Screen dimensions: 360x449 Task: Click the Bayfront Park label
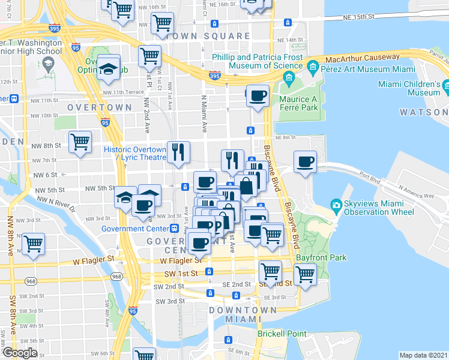[x=330, y=257]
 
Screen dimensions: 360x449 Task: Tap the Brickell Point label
[x=281, y=334]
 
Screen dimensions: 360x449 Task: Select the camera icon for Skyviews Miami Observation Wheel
[x=336, y=206]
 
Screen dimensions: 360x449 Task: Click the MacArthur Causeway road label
[x=363, y=58]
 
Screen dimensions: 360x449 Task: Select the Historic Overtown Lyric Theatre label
[x=135, y=153]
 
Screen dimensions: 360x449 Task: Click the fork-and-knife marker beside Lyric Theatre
[x=178, y=154]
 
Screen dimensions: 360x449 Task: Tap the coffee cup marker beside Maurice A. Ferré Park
[x=259, y=97]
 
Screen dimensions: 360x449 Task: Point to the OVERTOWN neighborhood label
[x=100, y=107]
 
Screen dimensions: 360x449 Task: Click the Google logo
[x=19, y=353]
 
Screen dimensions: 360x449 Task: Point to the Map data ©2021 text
[x=423, y=355]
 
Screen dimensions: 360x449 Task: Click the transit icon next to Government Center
[x=173, y=228]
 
